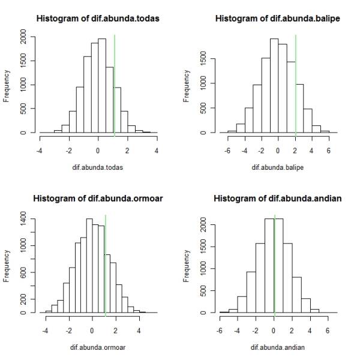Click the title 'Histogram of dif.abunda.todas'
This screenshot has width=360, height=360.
[x=98, y=19]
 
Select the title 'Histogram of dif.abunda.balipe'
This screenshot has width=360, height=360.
[x=278, y=19]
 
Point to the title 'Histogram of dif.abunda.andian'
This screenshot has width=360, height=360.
[x=278, y=199]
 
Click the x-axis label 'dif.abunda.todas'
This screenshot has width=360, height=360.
[x=98, y=167]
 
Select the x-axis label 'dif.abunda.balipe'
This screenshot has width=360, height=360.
[x=278, y=167]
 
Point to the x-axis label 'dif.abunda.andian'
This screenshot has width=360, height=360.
[x=278, y=347]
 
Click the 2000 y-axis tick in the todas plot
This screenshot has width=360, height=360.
[x=23, y=38]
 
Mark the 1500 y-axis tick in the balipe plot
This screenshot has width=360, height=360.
[x=203, y=59]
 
